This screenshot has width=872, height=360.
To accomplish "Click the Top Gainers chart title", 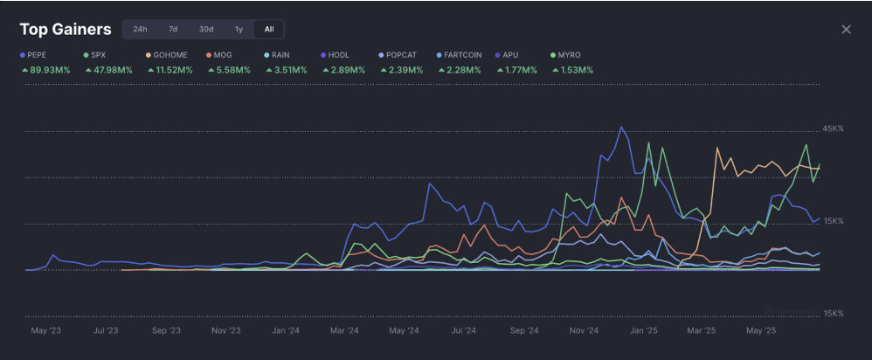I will (x=66, y=30).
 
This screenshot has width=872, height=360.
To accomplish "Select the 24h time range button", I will (x=140, y=29).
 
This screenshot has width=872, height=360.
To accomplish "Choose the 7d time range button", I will (x=173, y=29).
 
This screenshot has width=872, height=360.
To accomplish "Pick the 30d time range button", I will (x=205, y=29).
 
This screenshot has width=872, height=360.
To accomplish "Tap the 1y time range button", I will (x=239, y=29).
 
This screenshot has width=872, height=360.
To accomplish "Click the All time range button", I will (x=269, y=29).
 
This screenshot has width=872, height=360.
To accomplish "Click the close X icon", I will (x=846, y=30).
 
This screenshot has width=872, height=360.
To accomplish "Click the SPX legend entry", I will (x=97, y=54).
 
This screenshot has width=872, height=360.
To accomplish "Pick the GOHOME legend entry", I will (x=170, y=54).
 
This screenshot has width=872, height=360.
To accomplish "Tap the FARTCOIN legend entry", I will (x=462, y=54).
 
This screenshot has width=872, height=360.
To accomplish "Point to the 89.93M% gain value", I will (x=50, y=70).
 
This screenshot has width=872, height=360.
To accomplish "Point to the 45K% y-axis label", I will (x=832, y=128).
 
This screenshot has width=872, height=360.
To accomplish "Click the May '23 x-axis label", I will (x=45, y=331).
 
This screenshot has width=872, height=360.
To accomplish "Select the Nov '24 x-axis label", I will (x=583, y=331).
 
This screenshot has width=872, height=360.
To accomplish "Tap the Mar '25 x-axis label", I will (x=702, y=331).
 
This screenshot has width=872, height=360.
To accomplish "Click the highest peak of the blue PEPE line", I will (x=621, y=127).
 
